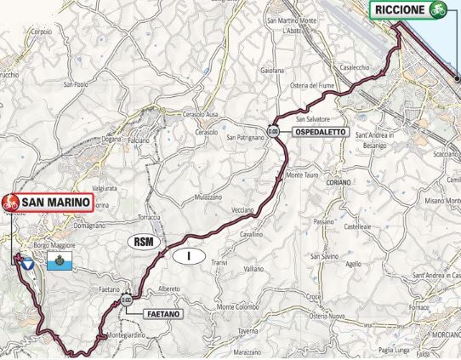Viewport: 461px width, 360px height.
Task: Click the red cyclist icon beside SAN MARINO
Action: click(x=12, y=203)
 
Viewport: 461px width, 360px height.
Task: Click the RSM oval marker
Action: click(x=143, y=242)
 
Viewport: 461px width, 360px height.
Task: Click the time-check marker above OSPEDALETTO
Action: click(x=273, y=132)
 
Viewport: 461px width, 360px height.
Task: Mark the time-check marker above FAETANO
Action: click(x=127, y=299)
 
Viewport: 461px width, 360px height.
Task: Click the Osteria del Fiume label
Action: click(x=315, y=85)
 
